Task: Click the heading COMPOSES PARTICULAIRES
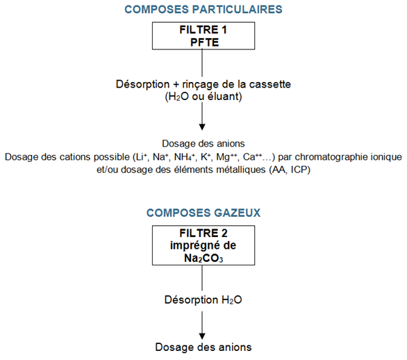point(203,10)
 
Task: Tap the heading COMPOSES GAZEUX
point(203,213)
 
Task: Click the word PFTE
point(204,42)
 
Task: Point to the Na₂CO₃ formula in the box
point(203,258)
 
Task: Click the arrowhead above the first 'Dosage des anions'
point(202,127)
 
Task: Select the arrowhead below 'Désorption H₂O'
point(202,336)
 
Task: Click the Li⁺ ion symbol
point(140,157)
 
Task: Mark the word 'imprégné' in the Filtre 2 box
point(192,246)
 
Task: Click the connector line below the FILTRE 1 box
point(202,63)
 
